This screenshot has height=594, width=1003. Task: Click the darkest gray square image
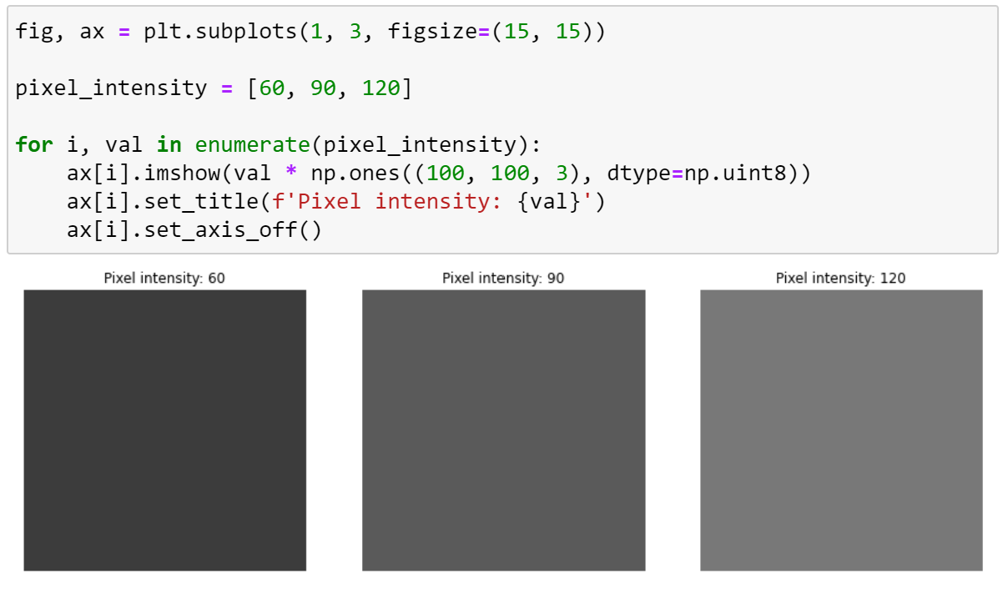click(x=164, y=430)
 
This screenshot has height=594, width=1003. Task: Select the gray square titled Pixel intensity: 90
click(x=503, y=430)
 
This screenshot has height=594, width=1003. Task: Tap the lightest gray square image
click(x=841, y=430)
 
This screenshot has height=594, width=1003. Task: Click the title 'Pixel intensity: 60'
click(x=164, y=278)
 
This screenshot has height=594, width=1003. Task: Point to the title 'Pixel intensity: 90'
click(x=503, y=278)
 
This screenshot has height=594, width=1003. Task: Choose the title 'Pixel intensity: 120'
click(x=840, y=278)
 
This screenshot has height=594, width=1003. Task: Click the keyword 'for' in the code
click(x=34, y=144)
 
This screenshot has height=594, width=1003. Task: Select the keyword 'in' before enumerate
click(x=169, y=144)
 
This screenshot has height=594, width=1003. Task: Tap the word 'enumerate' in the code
click(x=253, y=144)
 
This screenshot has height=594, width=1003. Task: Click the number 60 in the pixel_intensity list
click(x=272, y=88)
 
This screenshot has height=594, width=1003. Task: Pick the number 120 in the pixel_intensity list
click(x=381, y=88)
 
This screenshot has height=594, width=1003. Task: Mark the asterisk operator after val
click(x=291, y=174)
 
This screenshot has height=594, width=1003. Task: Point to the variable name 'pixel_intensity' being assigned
click(x=111, y=88)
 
